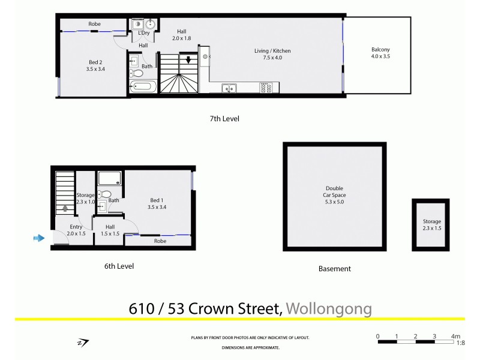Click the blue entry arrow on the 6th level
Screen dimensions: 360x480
38,238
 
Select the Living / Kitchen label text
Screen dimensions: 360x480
268,54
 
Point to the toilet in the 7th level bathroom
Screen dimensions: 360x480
137,74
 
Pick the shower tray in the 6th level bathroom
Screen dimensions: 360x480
109,178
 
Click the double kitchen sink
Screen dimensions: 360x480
229,89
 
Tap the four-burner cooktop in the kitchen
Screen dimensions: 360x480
266,89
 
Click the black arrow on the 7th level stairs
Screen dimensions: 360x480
188,60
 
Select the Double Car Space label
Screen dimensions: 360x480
335,195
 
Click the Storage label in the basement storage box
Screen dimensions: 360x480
431,221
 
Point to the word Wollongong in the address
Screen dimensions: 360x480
329,309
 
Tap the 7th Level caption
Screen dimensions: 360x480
224,119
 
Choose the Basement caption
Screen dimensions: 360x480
334,269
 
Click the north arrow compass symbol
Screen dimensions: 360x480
83,343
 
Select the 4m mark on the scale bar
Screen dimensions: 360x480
455,336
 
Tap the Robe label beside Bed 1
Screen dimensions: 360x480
160,241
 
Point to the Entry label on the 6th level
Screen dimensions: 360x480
76,227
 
